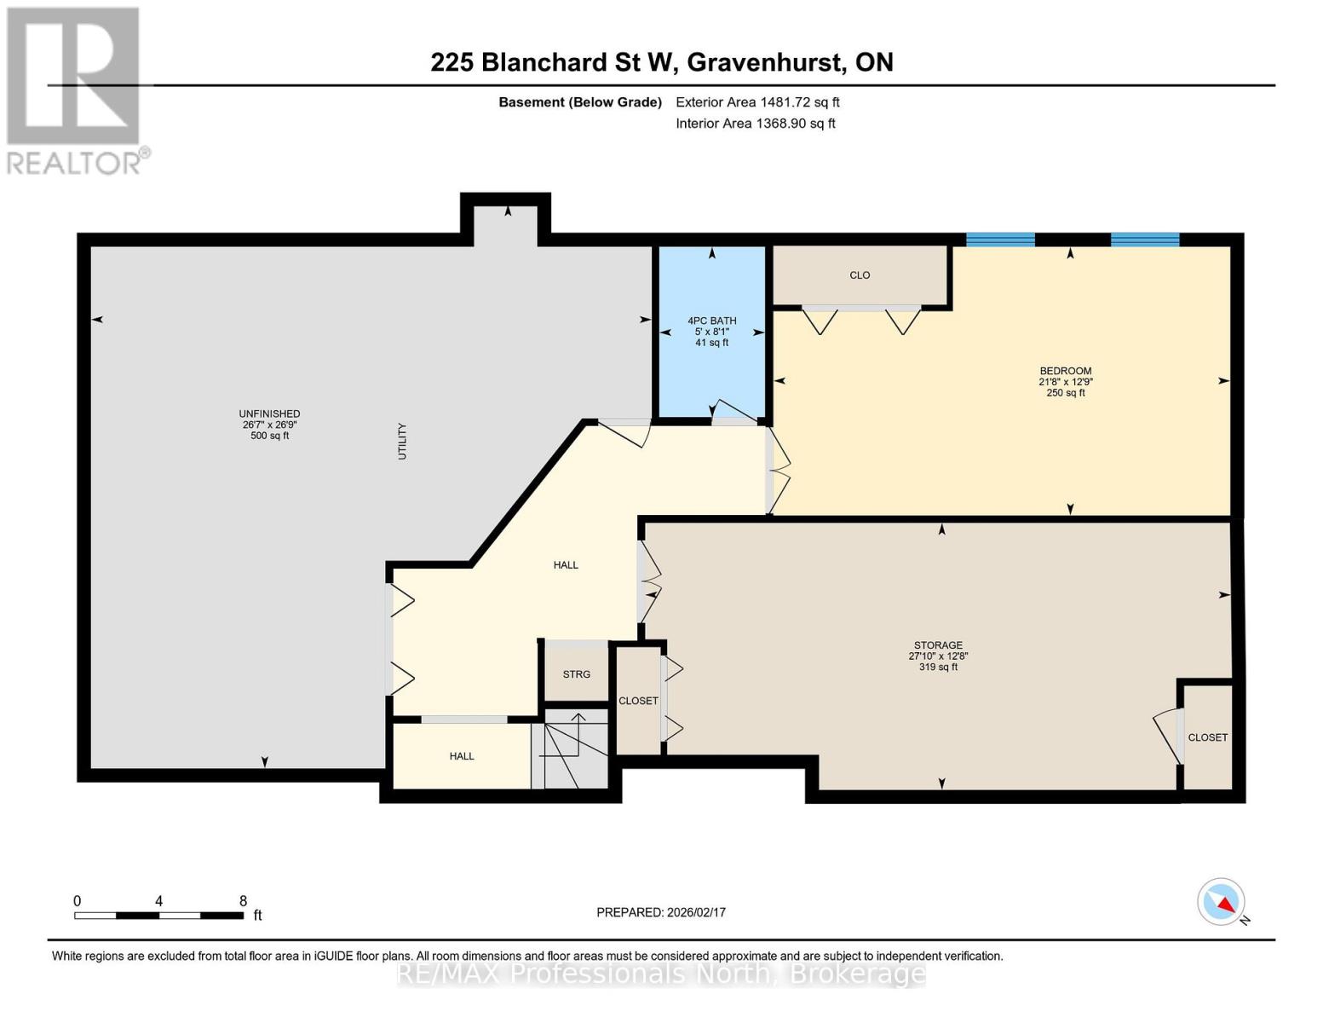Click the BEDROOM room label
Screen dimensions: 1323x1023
click(1066, 371)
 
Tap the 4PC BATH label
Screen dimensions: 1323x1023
click(711, 321)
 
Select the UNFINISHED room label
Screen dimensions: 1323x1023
click(269, 413)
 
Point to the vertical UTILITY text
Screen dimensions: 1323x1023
click(402, 441)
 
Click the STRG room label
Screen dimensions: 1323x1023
click(576, 673)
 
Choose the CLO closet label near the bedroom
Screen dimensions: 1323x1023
click(860, 275)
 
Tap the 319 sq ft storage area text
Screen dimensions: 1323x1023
click(938, 668)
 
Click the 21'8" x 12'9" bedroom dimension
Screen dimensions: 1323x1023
click(1066, 382)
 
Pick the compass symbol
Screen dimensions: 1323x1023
click(1221, 902)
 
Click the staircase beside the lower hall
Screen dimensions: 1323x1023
click(570, 750)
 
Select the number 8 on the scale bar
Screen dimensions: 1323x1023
click(243, 901)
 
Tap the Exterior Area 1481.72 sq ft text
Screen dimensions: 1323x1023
click(757, 102)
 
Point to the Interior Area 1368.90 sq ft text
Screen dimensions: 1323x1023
click(755, 123)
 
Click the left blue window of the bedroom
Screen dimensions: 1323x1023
click(1000, 239)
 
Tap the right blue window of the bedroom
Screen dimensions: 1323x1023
click(1145, 239)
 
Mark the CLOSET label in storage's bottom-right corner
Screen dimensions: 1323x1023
click(1207, 737)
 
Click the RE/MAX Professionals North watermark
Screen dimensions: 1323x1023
click(661, 974)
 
